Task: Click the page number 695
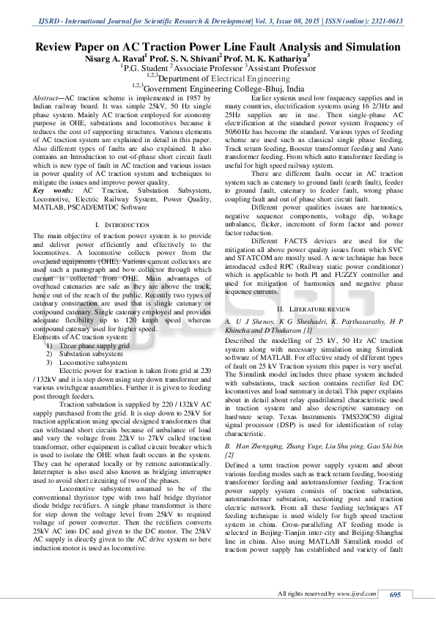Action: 395,594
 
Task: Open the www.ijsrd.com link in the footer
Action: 358,594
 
